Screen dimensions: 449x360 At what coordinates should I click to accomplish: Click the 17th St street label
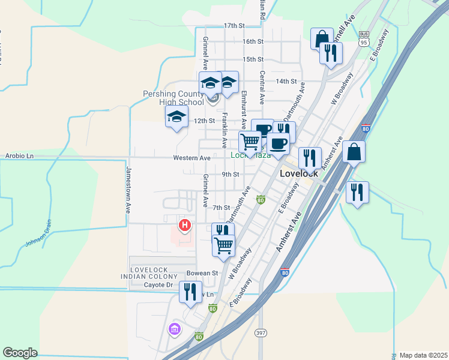(x=235, y=26)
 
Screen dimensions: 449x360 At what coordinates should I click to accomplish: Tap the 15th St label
(x=253, y=59)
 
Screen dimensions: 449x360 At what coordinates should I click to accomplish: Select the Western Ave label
(x=191, y=158)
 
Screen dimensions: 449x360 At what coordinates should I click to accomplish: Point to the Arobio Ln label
(x=20, y=156)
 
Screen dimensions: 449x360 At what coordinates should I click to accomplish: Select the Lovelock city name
(x=299, y=173)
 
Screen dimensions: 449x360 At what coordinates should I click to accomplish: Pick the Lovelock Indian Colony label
(x=155, y=272)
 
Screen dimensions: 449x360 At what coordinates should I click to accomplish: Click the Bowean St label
(x=202, y=273)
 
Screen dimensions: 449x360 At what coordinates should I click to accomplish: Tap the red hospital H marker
(x=185, y=226)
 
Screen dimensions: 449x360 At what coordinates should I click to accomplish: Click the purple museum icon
(x=175, y=329)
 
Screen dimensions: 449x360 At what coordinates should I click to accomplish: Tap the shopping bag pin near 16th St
(x=322, y=38)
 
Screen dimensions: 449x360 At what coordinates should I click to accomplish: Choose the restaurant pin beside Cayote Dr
(x=190, y=293)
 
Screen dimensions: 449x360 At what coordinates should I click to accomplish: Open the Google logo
(x=20, y=352)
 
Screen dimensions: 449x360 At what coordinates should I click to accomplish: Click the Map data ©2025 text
(x=423, y=355)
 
